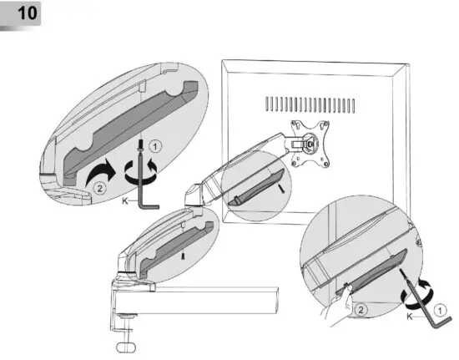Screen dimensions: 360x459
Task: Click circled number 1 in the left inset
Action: (x=165, y=144)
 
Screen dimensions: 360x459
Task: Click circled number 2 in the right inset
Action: (x=359, y=309)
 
